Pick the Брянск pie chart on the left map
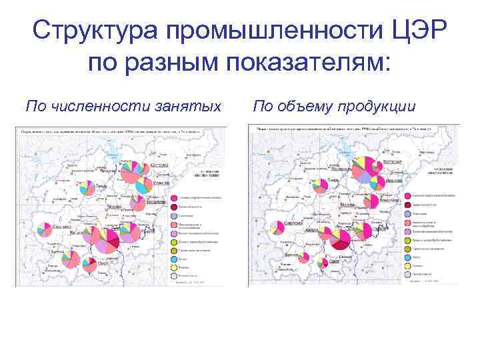click(67, 258)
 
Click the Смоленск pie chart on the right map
click(277, 227)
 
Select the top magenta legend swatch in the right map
click(407, 195)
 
